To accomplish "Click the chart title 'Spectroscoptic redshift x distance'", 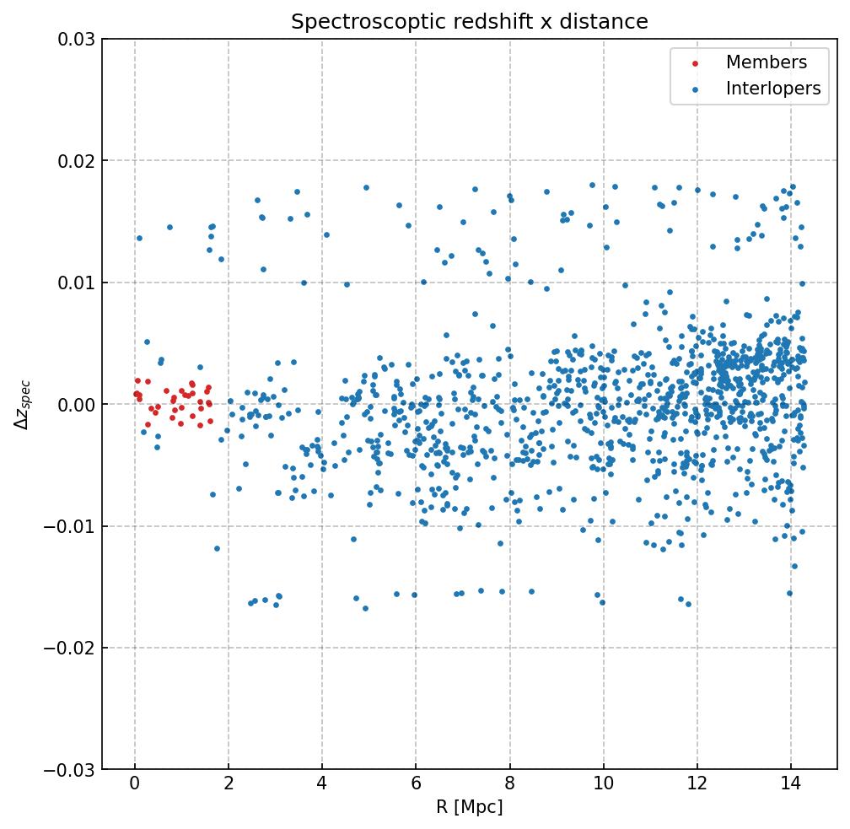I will tap(470, 22).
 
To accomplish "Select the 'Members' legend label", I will tap(766, 62).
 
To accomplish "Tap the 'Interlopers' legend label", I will tap(772, 89).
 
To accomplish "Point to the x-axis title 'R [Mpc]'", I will tap(470, 807).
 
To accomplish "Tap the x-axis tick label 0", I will tap(134, 786).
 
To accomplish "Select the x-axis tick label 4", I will tap(321, 786).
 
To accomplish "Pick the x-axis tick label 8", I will tap(509, 786).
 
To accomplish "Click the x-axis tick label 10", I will tap(603, 786).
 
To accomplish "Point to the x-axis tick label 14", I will tap(790, 786).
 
